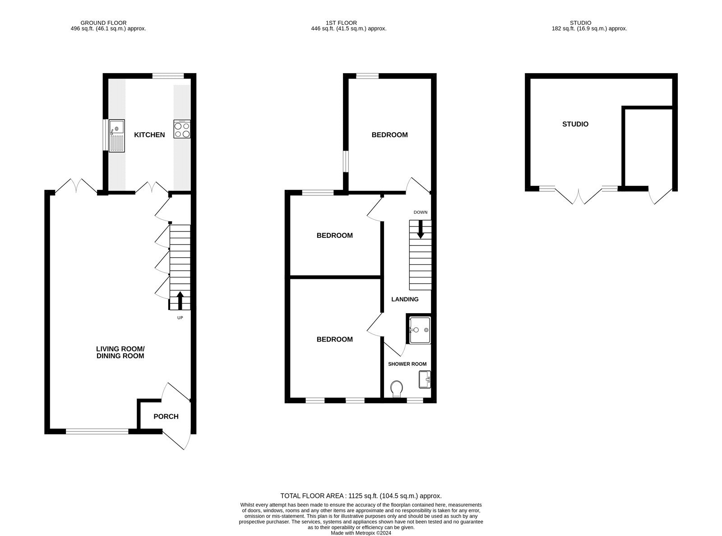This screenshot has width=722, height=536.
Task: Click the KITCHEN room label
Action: point(149,135)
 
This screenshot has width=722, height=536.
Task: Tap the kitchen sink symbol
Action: point(117,135)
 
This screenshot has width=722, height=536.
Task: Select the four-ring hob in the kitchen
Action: point(182,129)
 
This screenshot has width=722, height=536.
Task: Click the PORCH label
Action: point(166,416)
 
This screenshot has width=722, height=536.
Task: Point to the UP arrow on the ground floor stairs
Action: point(180,300)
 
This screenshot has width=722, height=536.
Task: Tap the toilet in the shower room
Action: point(397,388)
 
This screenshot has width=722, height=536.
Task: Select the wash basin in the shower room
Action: point(424,379)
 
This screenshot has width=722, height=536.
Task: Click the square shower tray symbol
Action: point(419,329)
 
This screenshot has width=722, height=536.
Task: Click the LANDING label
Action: point(405,299)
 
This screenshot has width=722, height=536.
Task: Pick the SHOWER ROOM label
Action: point(407,364)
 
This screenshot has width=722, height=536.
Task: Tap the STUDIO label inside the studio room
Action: point(575,124)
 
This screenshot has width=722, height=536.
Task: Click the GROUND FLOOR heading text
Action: point(103,23)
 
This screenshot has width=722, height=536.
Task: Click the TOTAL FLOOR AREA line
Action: point(361,495)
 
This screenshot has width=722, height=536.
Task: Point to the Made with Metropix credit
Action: point(361,533)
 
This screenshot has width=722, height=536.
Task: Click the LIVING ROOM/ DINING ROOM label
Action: point(120,352)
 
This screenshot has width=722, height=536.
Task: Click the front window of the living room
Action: point(97,432)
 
